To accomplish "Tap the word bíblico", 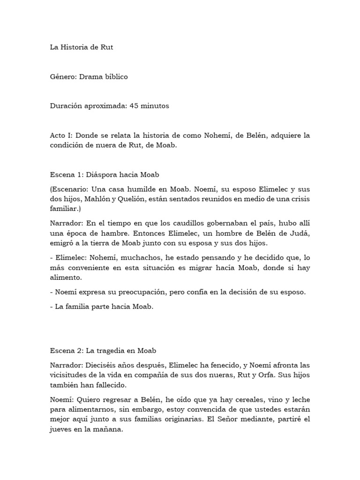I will (112, 76).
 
